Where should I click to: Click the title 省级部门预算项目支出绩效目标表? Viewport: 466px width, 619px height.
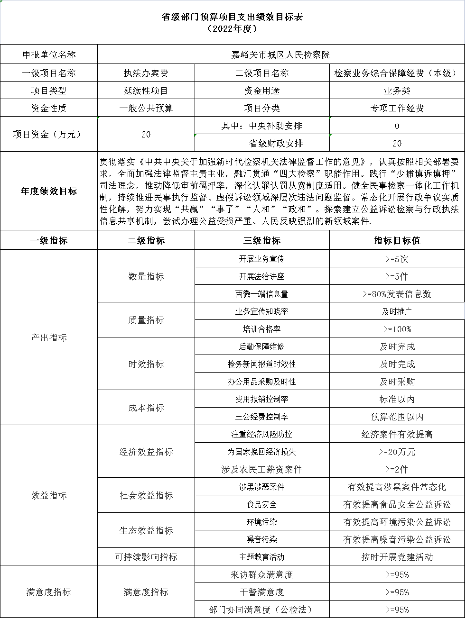(233, 17)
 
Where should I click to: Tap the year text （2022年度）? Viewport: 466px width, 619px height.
(233, 29)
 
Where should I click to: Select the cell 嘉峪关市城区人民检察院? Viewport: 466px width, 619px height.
(280, 55)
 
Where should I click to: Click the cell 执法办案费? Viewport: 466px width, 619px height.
(146, 73)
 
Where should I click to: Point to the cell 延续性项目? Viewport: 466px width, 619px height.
(146, 91)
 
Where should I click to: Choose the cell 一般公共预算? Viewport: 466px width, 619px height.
(146, 108)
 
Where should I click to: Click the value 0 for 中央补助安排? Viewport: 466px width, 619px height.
(397, 126)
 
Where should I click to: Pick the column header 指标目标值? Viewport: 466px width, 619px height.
(397, 240)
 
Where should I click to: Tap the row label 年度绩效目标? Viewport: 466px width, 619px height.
(49, 191)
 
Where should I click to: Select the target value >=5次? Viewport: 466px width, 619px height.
(397, 259)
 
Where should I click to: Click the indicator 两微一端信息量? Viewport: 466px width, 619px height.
(261, 294)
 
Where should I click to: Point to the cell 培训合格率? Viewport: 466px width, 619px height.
(261, 329)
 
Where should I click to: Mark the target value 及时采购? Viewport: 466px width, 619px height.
(397, 382)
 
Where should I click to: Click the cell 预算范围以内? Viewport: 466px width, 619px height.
(397, 417)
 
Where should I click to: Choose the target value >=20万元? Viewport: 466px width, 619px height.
(397, 452)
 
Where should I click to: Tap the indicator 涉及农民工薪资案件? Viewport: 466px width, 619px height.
(261, 469)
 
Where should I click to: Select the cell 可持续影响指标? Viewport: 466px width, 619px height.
(146, 557)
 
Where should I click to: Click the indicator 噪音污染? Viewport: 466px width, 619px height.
(261, 539)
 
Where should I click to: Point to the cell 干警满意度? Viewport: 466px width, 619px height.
(261, 592)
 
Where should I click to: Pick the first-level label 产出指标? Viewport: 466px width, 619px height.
(49, 337)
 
